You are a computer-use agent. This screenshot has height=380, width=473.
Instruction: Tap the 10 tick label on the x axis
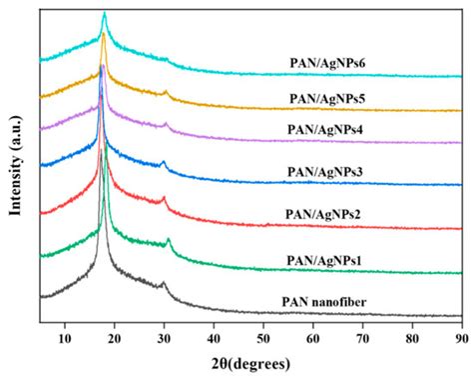coord(65,337)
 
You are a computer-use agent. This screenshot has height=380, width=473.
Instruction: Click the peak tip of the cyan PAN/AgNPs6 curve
coord(104,13)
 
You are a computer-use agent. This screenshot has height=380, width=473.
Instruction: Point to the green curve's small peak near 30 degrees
coord(169,240)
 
